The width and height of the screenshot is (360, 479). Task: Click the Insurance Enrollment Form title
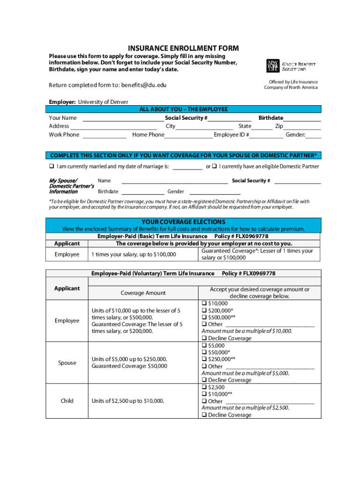point(183,49)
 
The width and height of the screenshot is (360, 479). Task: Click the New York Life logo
point(273,65)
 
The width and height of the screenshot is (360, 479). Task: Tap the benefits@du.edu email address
point(144,85)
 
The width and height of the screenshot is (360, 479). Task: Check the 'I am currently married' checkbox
point(52,167)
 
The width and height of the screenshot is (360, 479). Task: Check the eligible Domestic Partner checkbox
point(214,167)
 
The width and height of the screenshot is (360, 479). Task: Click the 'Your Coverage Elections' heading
point(183,222)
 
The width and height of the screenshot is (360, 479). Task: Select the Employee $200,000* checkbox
point(204,310)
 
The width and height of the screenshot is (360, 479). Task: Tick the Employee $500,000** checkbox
point(204,317)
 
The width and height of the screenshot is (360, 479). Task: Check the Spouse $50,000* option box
point(204,352)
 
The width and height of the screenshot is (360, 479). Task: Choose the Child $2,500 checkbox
point(204,387)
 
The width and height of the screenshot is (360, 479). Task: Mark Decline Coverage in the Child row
point(204,415)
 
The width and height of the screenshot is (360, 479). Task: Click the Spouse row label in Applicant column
point(67,363)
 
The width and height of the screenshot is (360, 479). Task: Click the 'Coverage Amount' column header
point(143,293)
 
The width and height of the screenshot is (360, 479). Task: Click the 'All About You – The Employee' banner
point(183,109)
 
